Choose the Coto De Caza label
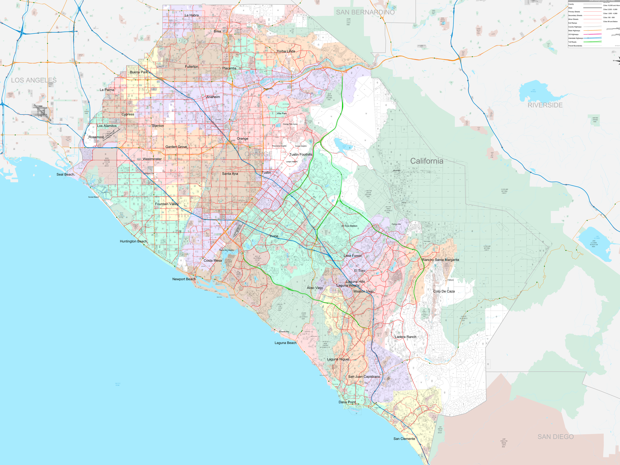(444, 291)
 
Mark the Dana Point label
(347, 402)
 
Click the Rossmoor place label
(96, 137)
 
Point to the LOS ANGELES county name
(34, 80)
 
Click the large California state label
(427, 161)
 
